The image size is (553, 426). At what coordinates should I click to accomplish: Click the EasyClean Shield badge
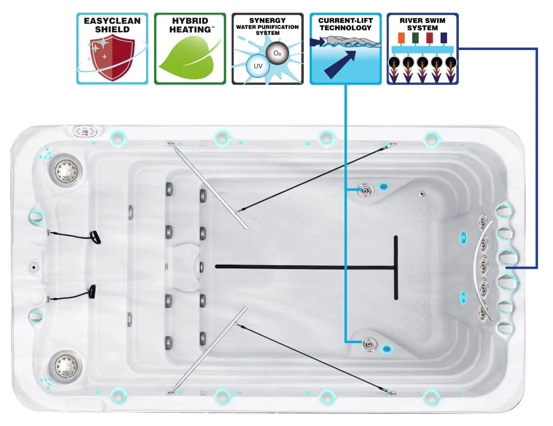pos(112,49)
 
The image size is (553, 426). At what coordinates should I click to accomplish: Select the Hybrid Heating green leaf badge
pos(190,49)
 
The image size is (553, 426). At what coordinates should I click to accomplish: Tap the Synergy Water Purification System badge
pos(267,49)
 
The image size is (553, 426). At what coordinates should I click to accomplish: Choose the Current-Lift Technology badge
pos(345,49)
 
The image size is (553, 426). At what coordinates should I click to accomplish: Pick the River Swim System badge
pos(422,49)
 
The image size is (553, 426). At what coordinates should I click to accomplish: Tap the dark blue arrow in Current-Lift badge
pos(340,63)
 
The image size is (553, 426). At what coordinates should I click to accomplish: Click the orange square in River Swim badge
pos(401,38)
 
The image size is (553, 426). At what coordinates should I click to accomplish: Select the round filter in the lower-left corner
pos(65,365)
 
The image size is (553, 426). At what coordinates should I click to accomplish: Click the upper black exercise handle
pos(95,238)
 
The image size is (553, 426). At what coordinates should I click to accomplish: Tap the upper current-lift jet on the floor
pos(366,189)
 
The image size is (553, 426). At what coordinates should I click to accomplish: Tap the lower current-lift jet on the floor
pos(367,344)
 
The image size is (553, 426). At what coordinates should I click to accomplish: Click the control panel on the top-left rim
pos(86,131)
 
